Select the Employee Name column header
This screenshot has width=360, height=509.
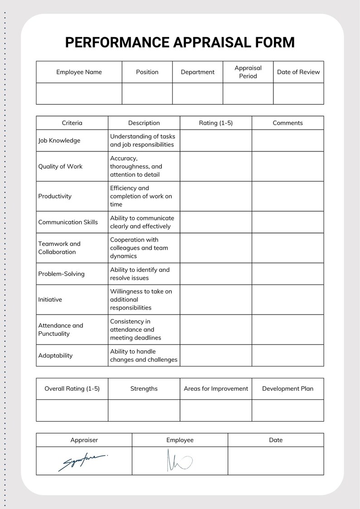coord(79,72)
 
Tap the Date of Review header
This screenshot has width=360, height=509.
coord(298,72)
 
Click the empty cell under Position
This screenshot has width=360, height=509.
coord(147,94)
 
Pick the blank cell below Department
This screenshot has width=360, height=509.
coord(198,94)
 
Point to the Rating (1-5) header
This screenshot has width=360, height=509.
coord(216,123)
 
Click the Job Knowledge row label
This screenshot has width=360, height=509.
coord(59,141)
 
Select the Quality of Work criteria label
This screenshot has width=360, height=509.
coord(60,166)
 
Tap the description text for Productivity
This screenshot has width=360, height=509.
coord(141,196)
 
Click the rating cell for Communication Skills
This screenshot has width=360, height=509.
coord(216,222)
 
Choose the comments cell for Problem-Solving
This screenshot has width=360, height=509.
coord(287,274)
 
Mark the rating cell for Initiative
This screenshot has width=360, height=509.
coord(216,300)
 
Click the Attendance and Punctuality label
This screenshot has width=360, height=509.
coord(61,330)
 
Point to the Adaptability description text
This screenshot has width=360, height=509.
coord(144,355)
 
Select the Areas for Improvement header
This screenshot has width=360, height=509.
coord(216,388)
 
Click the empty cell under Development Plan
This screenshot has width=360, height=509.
coord(287,410)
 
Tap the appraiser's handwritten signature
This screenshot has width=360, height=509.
coord(83,461)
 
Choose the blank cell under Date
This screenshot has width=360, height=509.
coord(276,461)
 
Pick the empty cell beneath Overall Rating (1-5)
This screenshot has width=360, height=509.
coord(72,410)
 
